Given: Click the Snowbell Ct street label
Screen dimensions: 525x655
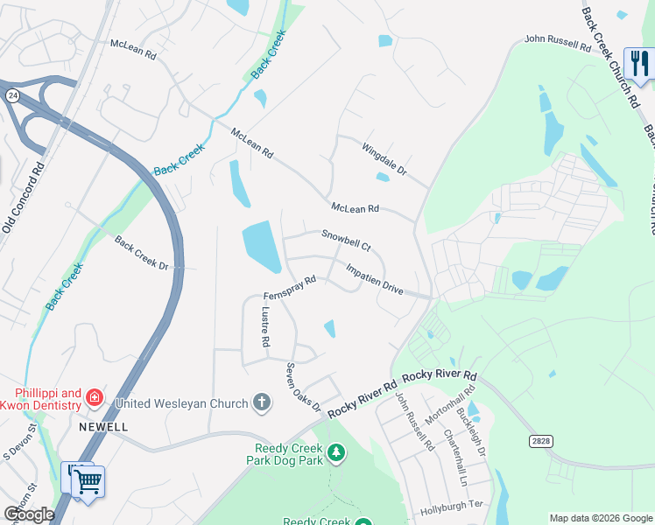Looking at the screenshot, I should point(346,235).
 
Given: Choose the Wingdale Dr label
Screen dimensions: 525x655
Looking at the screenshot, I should point(384,158).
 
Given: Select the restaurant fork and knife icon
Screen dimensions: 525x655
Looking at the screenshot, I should point(638,65).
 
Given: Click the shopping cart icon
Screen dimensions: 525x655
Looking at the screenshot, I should point(88,480).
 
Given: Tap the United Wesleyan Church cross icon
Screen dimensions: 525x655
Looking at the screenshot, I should point(261,402).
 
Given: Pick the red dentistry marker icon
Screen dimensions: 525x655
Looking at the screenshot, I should point(94,400).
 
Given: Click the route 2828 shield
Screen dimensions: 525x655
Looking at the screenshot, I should point(539,443).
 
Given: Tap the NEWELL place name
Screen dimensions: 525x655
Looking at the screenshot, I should point(103,426).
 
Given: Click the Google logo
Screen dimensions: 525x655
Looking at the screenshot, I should point(28,514).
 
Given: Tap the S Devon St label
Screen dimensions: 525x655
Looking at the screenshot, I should point(19,442).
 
